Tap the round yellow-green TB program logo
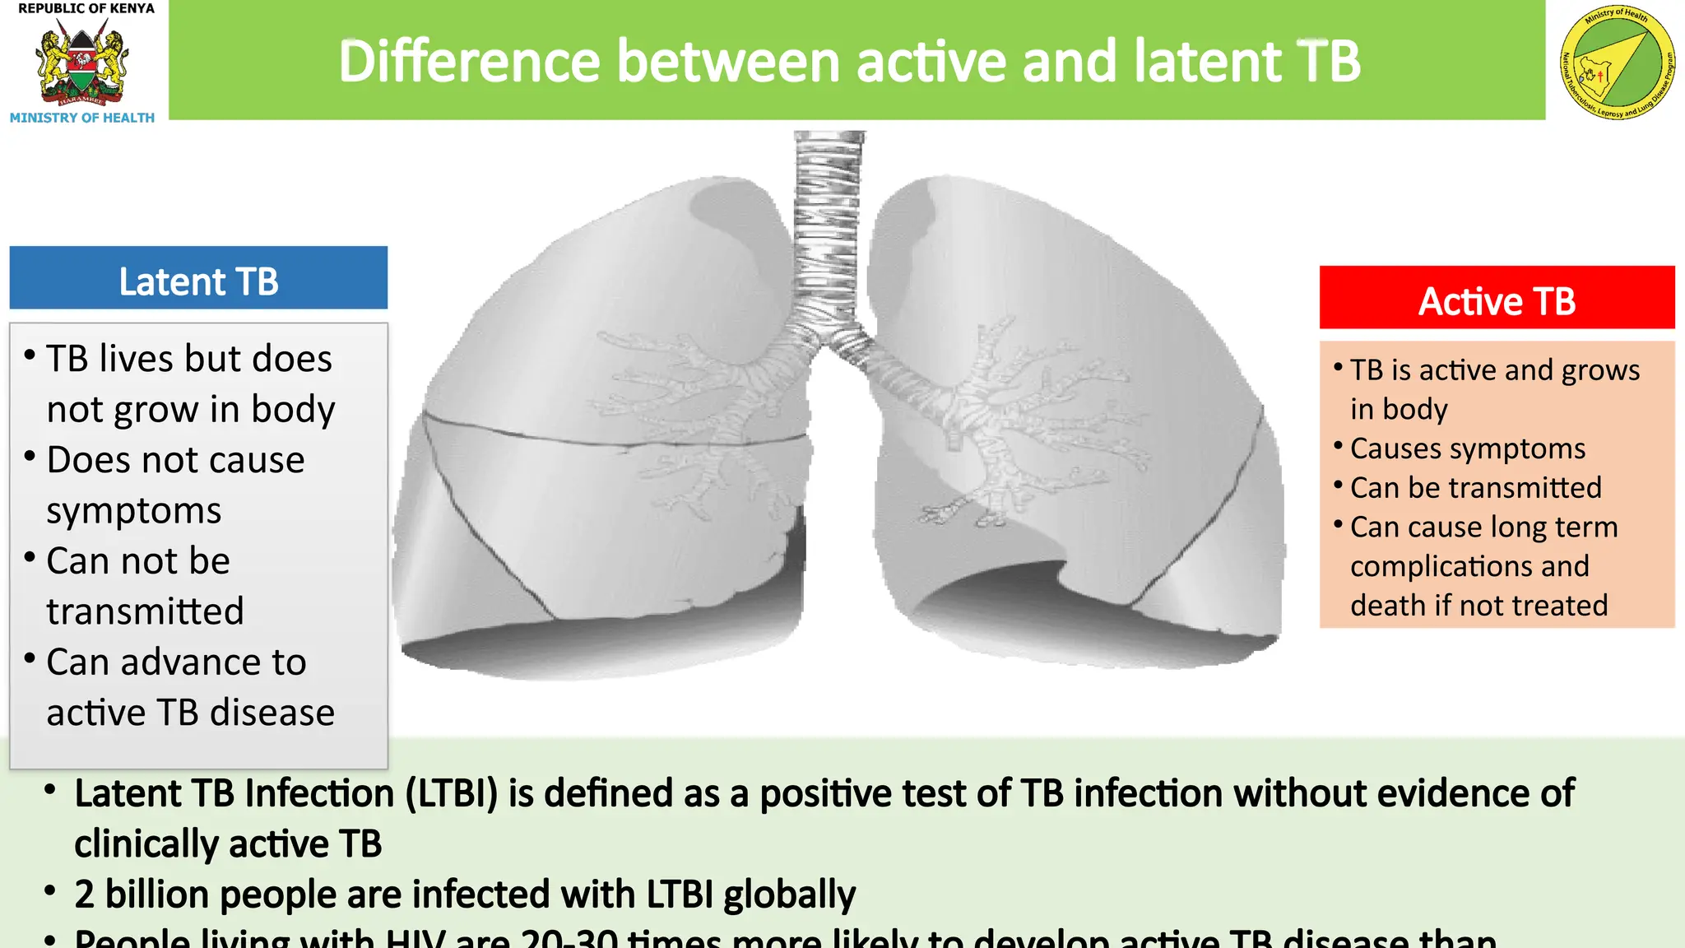[1617, 63]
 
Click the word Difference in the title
[469, 62]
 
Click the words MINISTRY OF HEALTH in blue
[81, 118]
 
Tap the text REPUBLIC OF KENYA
[86, 8]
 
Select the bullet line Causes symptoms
[1467, 448]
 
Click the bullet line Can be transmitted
[1475, 488]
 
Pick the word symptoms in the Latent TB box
[133, 511]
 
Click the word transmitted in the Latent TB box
[145, 611]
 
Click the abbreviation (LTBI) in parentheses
[452, 793]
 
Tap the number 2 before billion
[84, 895]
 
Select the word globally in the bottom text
[789, 895]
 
